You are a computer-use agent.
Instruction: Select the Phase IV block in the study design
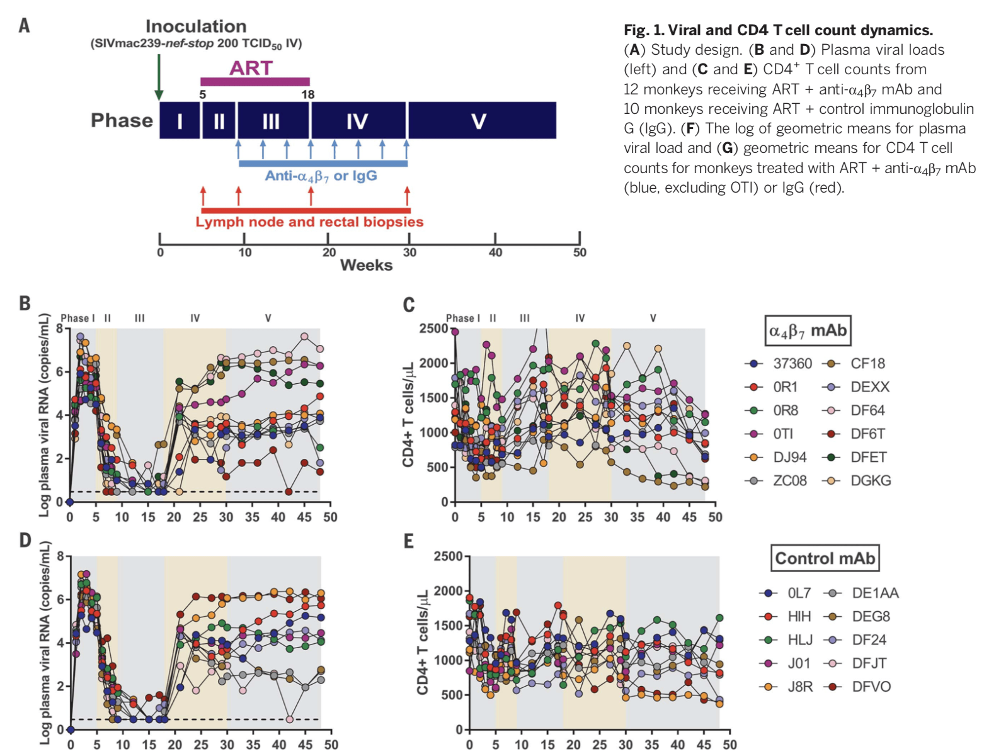pyautogui.click(x=358, y=121)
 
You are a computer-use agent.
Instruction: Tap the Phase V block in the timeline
pyautogui.click(x=481, y=121)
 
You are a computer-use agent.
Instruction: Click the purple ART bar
pyautogui.click(x=255, y=81)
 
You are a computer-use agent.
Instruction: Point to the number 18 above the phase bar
pyautogui.click(x=307, y=94)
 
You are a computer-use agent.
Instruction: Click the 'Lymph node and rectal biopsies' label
pyautogui.click(x=309, y=222)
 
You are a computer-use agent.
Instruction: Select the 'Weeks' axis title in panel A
pyautogui.click(x=366, y=265)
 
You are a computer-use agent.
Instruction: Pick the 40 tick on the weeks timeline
pyautogui.click(x=495, y=252)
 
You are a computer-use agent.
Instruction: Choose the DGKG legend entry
pyautogui.click(x=871, y=481)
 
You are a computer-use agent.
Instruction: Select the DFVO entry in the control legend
pyautogui.click(x=871, y=687)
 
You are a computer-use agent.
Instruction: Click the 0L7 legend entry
pyautogui.click(x=799, y=594)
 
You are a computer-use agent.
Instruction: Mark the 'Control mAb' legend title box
pyautogui.click(x=825, y=558)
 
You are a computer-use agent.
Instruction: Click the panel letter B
pyautogui.click(x=25, y=303)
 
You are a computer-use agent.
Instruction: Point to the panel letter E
pyautogui.click(x=408, y=541)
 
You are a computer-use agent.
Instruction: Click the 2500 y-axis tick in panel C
pyautogui.click(x=434, y=329)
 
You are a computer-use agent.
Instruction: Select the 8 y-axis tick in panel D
pyautogui.click(x=60, y=556)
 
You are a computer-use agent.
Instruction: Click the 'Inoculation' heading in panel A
pyautogui.click(x=196, y=26)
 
